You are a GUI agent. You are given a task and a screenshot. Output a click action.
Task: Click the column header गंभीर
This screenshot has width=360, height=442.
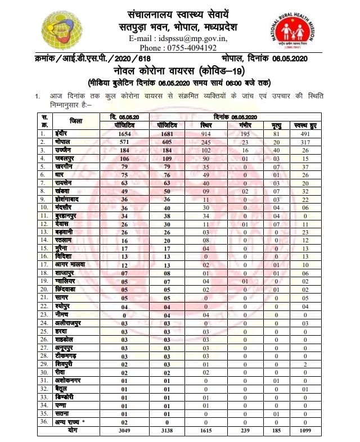coord(244,125)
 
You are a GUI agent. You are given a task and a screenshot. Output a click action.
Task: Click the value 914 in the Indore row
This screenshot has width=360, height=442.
coord(208,134)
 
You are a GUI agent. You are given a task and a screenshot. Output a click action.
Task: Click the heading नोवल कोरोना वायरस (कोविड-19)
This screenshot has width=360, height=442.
coord(180,71)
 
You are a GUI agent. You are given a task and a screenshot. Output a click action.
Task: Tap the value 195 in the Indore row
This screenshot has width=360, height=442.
coord(244,134)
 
